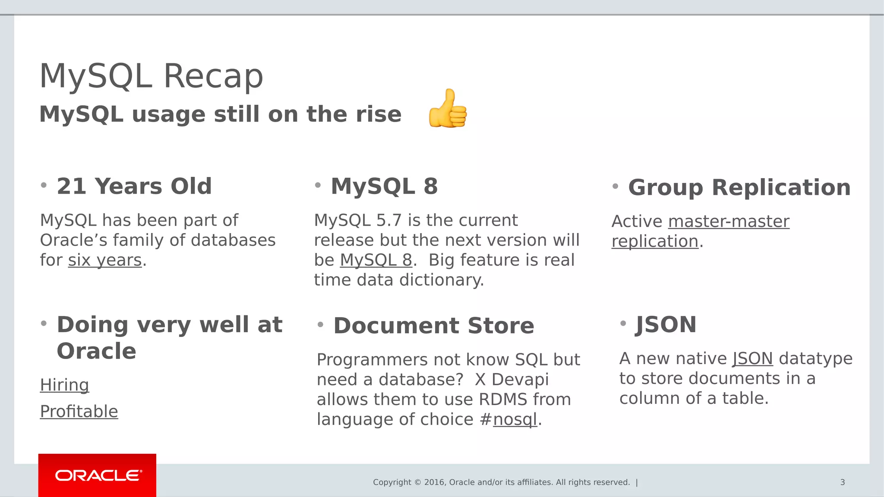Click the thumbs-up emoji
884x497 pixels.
pos(448,109)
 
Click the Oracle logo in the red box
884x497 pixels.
pos(98,475)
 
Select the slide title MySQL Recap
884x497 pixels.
pos(151,76)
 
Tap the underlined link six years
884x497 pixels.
pos(105,260)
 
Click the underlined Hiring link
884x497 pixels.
pos(64,385)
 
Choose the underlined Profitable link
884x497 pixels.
pos(79,412)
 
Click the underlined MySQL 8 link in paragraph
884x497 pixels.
pos(376,260)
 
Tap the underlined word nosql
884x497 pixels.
pos(515,419)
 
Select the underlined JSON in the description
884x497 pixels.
pos(752,359)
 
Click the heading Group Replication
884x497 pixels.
pos(739,187)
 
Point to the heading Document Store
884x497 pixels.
pos(433,325)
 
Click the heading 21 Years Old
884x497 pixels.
pos(134,186)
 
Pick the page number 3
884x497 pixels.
pos(842,482)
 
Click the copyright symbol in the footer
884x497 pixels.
pos(417,482)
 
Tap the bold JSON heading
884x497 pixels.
pos(666,324)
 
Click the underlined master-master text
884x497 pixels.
pos(729,221)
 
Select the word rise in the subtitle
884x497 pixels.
pos(378,114)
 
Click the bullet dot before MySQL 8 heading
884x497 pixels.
pos(318,186)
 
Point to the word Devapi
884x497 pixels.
pos(520,380)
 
